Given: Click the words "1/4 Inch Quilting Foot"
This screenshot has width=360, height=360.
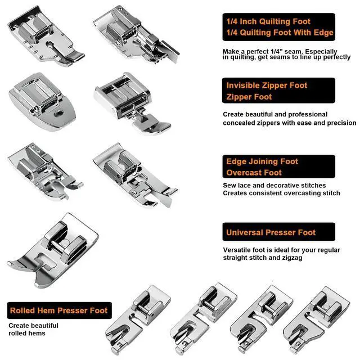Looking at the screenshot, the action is [x=268, y=21].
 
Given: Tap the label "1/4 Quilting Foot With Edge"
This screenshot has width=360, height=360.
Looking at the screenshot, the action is [x=280, y=33].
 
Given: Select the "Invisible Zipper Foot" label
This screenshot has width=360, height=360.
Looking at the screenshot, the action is [x=267, y=85].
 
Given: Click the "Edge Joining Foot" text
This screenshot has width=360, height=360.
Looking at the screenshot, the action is [x=262, y=161].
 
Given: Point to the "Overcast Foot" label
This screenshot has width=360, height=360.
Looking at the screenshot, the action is [x=254, y=173].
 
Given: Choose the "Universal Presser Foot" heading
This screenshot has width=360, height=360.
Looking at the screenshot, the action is [x=271, y=232].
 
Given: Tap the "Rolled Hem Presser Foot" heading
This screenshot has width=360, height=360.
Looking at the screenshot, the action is [x=58, y=310].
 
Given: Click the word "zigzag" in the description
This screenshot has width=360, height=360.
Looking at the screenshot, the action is [x=292, y=258].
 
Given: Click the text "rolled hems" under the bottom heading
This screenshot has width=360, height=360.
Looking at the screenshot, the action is [x=27, y=333].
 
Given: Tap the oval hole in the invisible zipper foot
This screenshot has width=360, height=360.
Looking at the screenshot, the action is [x=59, y=112].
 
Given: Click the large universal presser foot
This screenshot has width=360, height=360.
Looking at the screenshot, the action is [x=53, y=250].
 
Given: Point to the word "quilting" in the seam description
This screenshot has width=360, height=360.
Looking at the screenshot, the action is [x=242, y=57].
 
